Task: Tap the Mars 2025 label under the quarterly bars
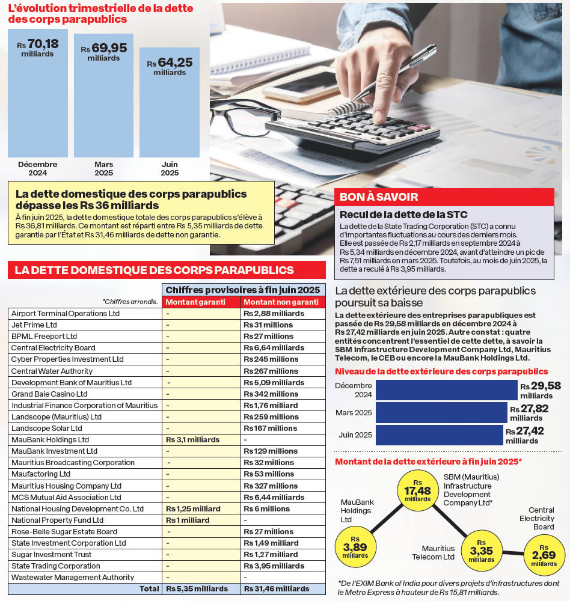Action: click(x=103, y=168)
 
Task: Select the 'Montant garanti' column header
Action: click(x=201, y=302)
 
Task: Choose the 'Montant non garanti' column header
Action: click(x=281, y=302)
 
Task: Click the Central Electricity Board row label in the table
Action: click(x=54, y=347)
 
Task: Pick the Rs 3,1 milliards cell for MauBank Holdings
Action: click(x=193, y=439)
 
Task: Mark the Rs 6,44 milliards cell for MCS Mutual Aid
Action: click(x=274, y=497)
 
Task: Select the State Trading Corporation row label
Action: click(x=56, y=566)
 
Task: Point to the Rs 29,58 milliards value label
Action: click(x=541, y=391)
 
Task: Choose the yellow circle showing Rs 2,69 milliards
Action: click(x=544, y=555)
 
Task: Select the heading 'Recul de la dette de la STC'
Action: click(x=403, y=215)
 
